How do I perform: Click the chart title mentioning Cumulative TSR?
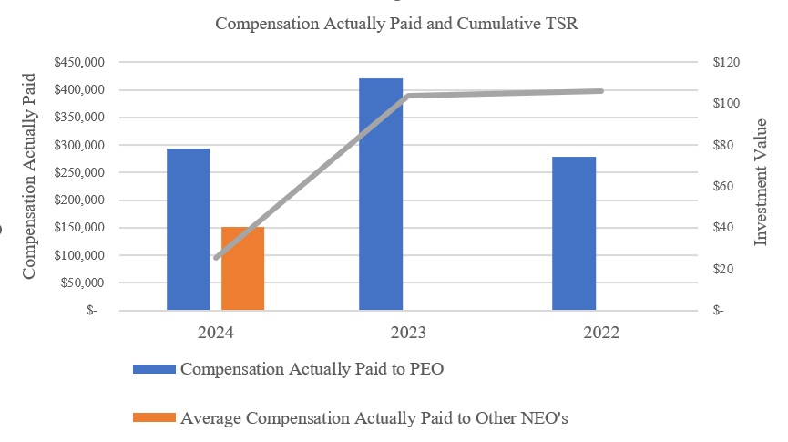pyautogui.click(x=396, y=25)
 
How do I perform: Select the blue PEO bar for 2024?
pyautogui.click(x=188, y=230)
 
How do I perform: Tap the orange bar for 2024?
pyautogui.click(x=242, y=269)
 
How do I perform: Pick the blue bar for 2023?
pyautogui.click(x=381, y=194)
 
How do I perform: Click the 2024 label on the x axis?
pyautogui.click(x=216, y=333)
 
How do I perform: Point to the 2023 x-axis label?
pyautogui.click(x=408, y=333)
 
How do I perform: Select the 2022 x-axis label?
pyautogui.click(x=600, y=333)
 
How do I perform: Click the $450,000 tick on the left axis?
pyautogui.click(x=78, y=62)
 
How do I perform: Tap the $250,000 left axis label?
pyautogui.click(x=78, y=172)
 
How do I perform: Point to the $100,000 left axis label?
pyautogui.click(x=78, y=255)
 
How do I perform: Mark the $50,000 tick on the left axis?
pyautogui.click(x=81, y=283)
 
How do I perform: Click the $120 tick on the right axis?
pyautogui.click(x=728, y=62)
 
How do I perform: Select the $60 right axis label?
pyautogui.click(x=725, y=186)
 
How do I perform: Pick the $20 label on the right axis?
pyautogui.click(x=725, y=269)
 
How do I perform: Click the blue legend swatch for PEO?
pyautogui.click(x=155, y=369)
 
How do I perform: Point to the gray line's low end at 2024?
pyautogui.click(x=216, y=258)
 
